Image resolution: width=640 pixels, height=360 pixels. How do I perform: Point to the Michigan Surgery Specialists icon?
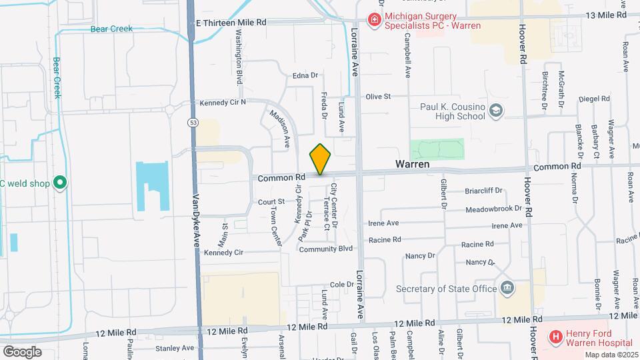point(375,21)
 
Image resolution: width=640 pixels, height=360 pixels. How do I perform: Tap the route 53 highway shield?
point(193,123)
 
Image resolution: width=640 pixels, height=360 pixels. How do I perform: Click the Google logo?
point(22,351)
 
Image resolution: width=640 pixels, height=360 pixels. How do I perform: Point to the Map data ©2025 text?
point(611,354)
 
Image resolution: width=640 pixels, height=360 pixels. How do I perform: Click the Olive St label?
point(377,97)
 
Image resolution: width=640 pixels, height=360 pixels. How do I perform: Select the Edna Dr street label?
point(305,75)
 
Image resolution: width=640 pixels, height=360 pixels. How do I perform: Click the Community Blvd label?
point(325,249)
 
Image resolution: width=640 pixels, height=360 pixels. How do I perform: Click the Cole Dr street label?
point(341,284)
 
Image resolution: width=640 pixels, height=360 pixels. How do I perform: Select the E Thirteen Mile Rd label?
point(231,22)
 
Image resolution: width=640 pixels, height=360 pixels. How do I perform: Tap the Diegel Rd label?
point(595,99)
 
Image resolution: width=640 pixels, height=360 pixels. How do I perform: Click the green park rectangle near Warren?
point(437,149)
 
